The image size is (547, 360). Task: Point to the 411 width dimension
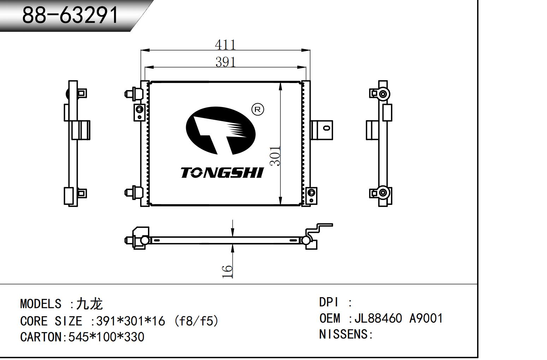pos(225,45)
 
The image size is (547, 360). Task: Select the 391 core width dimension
pos(225,62)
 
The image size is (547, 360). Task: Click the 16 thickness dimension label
pos(227,271)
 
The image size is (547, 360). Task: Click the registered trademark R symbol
pos(257,110)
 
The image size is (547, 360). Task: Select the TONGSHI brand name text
pos(222,173)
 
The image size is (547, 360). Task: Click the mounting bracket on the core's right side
pos(322,130)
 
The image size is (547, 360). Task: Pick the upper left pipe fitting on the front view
pos(132,93)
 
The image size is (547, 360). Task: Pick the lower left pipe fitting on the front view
pos(132,192)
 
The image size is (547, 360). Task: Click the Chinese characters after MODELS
pos(90,303)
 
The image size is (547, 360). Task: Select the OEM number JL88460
pos(378,318)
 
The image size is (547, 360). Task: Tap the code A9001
pos(426,318)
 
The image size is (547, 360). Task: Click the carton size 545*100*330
pos(106,337)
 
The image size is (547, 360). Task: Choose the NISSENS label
pos(344,334)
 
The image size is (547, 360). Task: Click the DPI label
pos(329,302)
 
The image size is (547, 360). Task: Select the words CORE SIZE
pos(51,321)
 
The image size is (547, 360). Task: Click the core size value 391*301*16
pos(131,321)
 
